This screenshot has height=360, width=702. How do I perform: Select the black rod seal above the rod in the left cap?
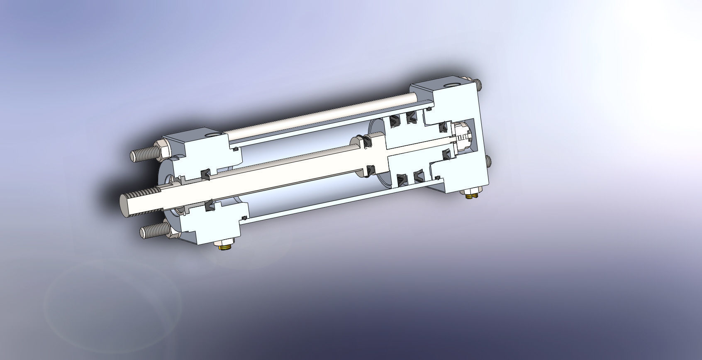[x=205, y=174]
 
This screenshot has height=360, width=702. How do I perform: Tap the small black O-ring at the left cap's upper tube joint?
[x=235, y=149]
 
